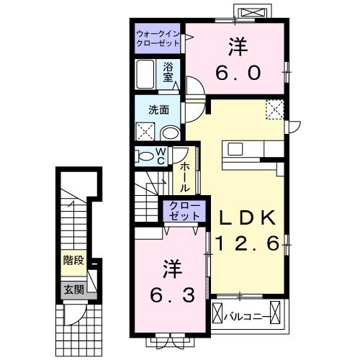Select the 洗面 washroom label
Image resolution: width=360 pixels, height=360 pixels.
158,110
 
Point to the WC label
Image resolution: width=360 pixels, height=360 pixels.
161,156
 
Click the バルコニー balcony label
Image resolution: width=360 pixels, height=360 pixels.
250,315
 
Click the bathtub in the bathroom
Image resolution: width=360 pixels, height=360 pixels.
145,73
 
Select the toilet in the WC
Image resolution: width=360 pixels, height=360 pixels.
145,156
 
